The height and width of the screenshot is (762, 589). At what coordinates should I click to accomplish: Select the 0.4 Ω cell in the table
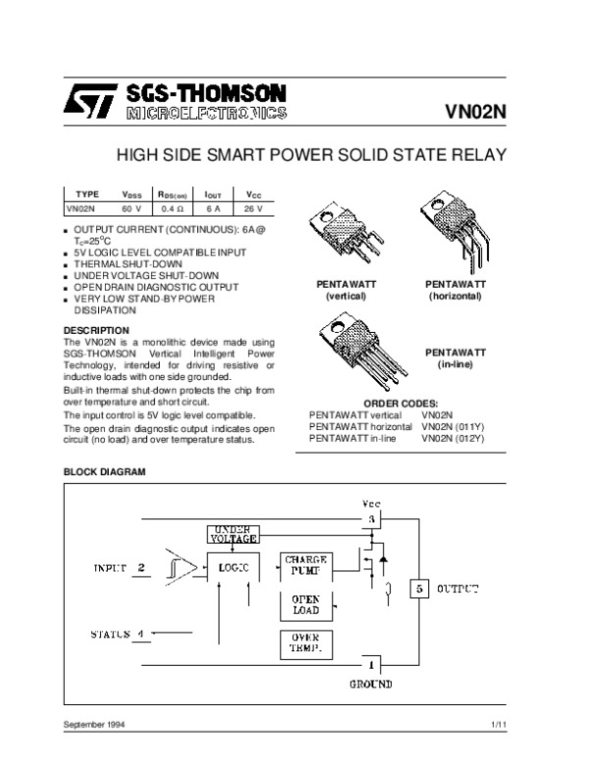coord(174,208)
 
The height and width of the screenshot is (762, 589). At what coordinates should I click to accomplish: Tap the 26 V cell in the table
coord(253,208)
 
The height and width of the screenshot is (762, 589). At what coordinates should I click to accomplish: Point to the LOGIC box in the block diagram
coord(234,569)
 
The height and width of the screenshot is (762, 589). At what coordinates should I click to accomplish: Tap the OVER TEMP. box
coord(305,643)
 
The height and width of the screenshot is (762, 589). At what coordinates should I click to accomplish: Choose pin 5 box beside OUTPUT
coord(419,588)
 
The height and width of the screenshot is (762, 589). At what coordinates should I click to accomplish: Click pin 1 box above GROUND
coord(373,665)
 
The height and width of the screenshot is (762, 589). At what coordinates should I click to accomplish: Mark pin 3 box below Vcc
coord(372,517)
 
